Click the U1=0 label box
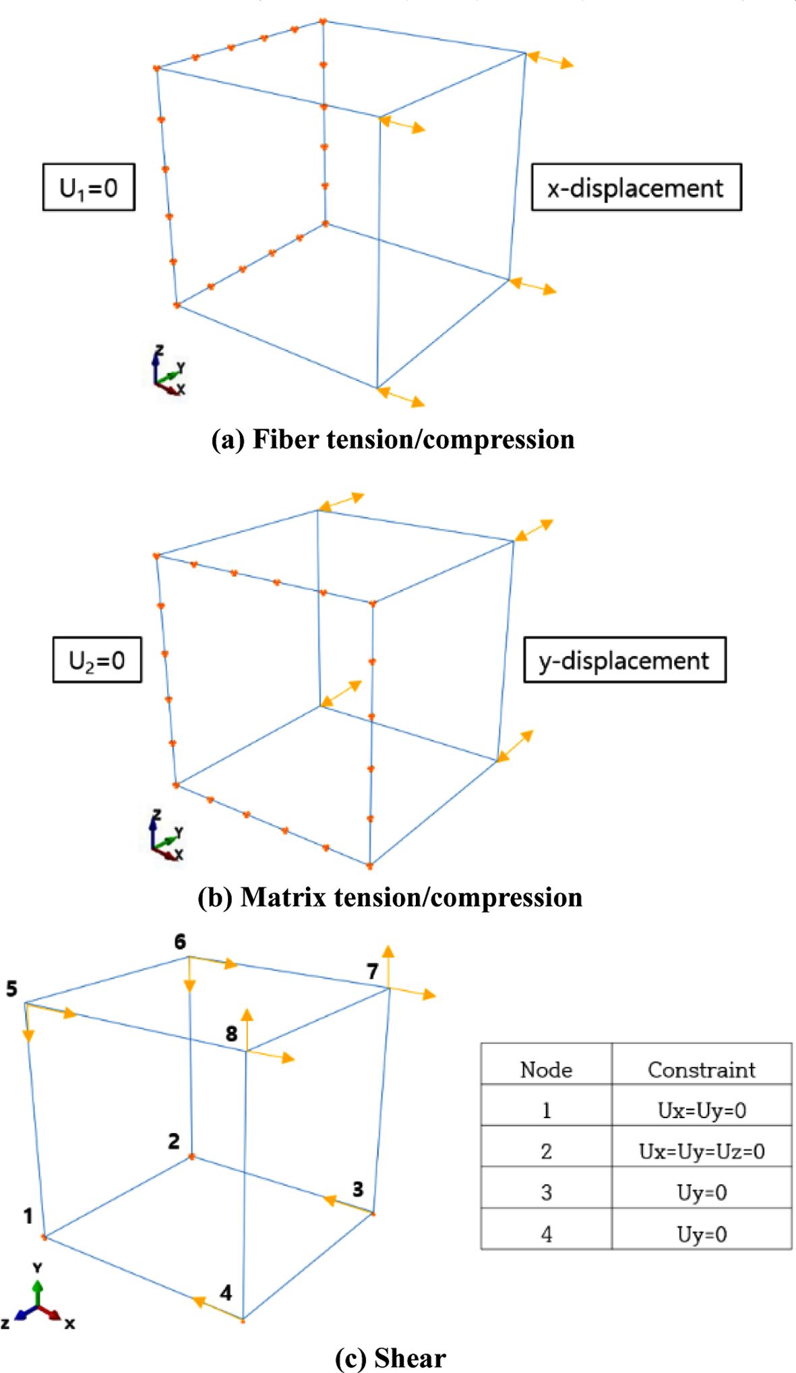pyautogui.click(x=89, y=187)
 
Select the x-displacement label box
pyautogui.click(x=636, y=187)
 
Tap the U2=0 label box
pyautogui.click(x=97, y=660)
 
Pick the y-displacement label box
pyautogui.click(x=624, y=660)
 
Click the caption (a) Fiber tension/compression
pyautogui.click(x=393, y=440)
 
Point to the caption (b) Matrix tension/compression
pyautogui.click(x=390, y=898)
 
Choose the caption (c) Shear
pyautogui.click(x=390, y=1357)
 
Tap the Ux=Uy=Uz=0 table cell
pyautogui.click(x=701, y=1151)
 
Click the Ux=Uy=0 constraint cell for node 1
pyautogui.click(x=701, y=1111)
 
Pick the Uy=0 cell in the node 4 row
pyautogui.click(x=701, y=1234)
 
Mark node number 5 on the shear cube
pyautogui.click(x=11, y=989)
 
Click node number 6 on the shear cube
pyautogui.click(x=180, y=942)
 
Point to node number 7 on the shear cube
pyautogui.click(x=373, y=972)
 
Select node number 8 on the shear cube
pyautogui.click(x=231, y=1034)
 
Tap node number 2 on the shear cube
pyautogui.click(x=174, y=1141)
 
